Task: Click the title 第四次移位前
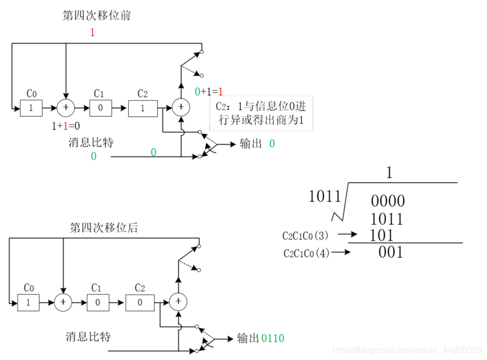pyautogui.click(x=96, y=15)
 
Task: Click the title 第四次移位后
pyautogui.click(x=104, y=227)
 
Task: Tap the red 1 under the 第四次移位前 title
pyautogui.click(x=92, y=32)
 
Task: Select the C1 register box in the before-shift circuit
pyautogui.click(x=101, y=108)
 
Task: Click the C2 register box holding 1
pyautogui.click(x=142, y=108)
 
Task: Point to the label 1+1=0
pyautogui.click(x=65, y=126)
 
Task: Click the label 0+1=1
pyautogui.click(x=208, y=92)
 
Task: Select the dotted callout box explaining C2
pyautogui.click(x=261, y=114)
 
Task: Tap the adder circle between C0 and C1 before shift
pyautogui.click(x=66, y=108)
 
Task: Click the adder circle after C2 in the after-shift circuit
pyautogui.click(x=178, y=301)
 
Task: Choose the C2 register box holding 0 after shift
pyautogui.click(x=140, y=302)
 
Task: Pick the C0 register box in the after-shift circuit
pyautogui.click(x=29, y=302)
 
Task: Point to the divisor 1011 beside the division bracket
pyautogui.click(x=325, y=196)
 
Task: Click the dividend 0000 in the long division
pyautogui.click(x=388, y=201)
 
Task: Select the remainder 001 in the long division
pyautogui.click(x=391, y=252)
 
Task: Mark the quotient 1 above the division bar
pyautogui.click(x=389, y=173)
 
